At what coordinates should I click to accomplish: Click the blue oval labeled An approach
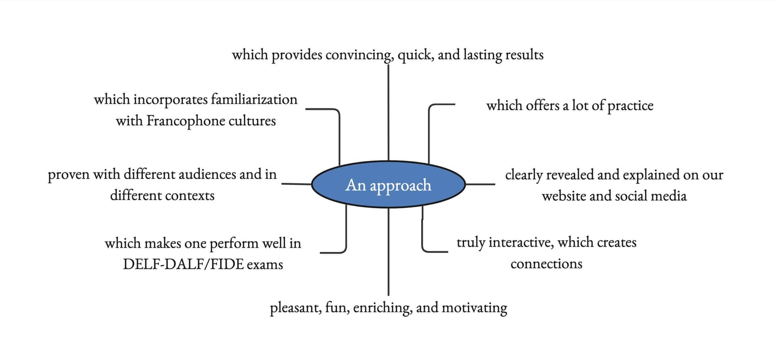point(388,184)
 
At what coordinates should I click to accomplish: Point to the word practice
point(630,106)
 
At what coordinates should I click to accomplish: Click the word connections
point(546,264)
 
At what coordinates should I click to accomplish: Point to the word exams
point(265,264)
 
